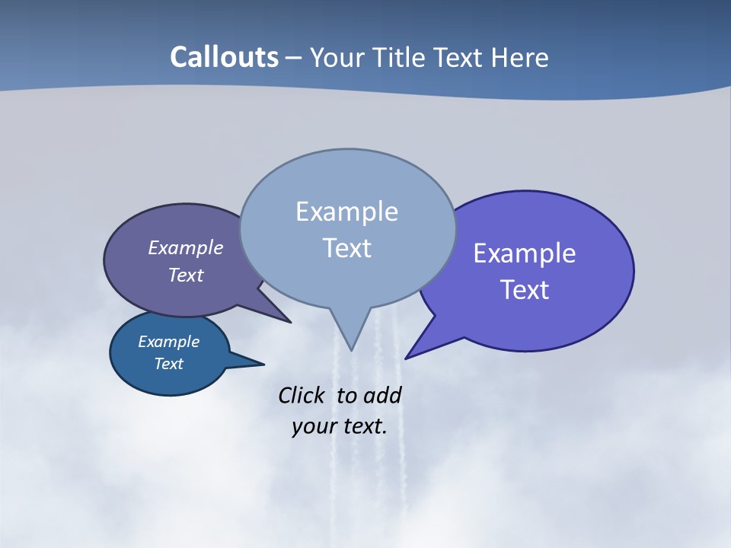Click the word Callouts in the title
[225, 57]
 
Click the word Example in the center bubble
[346, 212]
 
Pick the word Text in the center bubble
[346, 248]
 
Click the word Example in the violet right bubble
[525, 253]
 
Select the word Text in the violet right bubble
[525, 290]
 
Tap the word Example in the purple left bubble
[186, 247]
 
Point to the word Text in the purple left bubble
[186, 275]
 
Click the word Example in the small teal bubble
[168, 342]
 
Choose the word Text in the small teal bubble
[168, 364]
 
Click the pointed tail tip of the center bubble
[351, 349]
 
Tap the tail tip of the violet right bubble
[406, 358]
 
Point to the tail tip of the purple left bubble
[290, 322]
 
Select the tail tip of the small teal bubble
[263, 364]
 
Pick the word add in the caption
[382, 395]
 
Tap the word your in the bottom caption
[314, 426]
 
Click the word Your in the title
[338, 57]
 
